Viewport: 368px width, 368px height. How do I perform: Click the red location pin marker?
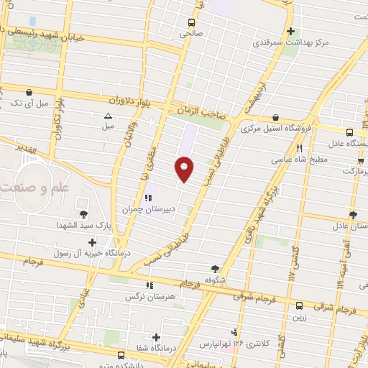pyautogui.click(x=184, y=169)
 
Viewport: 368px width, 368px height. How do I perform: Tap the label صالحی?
pyautogui.click(x=192, y=33)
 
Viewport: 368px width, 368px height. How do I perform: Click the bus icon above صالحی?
pyautogui.click(x=190, y=22)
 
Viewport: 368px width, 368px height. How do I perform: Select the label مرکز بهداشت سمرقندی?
pyautogui.click(x=290, y=43)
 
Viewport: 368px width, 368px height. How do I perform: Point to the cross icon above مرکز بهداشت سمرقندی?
pyautogui.click(x=290, y=32)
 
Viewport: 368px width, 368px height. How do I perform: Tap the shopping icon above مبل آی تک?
pyautogui.click(x=29, y=92)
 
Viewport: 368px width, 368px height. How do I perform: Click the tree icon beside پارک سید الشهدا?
pyautogui.click(x=83, y=214)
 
